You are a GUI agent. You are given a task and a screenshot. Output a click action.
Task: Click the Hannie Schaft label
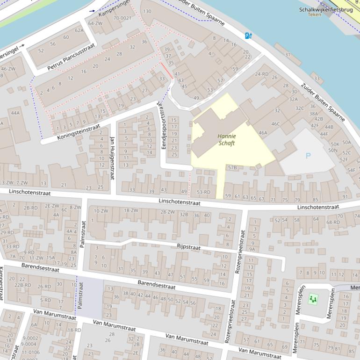point(227,139)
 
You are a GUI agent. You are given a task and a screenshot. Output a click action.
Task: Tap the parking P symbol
point(308,156)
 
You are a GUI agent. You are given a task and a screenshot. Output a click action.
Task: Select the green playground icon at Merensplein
point(312,298)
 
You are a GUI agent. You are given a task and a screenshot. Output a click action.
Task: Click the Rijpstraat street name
point(188,247)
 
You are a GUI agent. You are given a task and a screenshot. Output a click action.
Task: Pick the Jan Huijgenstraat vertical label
point(112,158)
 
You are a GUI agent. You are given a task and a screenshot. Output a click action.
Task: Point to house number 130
point(147,11)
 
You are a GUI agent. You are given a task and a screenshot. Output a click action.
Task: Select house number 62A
point(79,30)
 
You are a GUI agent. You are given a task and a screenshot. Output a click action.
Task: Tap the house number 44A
point(15,113)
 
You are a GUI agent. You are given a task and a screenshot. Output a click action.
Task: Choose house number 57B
point(232,167)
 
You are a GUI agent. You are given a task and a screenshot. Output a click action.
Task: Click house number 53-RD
point(203,192)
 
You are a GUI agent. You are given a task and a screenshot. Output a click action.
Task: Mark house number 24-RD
point(262,74)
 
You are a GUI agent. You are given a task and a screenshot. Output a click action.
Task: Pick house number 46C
point(276,124)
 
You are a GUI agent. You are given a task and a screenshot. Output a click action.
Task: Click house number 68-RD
point(333,222)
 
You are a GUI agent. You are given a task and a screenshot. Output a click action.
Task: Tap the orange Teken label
point(315,14)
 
